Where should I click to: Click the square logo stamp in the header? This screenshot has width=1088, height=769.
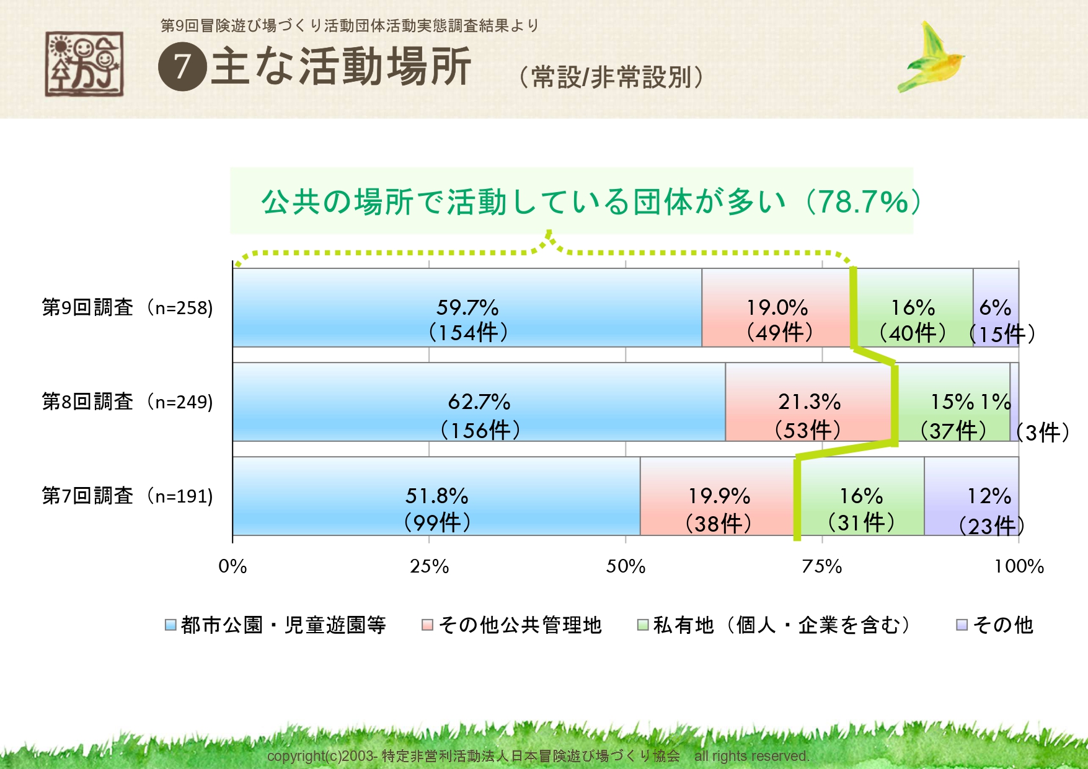84,64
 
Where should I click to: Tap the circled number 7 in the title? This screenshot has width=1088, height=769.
182,67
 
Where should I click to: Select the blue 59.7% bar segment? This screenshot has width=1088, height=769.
467,307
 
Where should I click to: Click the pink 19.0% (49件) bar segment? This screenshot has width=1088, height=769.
776,307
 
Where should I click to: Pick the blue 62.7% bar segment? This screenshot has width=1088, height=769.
479,402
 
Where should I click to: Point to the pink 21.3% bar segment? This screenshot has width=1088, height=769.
808,402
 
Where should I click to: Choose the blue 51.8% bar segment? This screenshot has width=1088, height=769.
436,496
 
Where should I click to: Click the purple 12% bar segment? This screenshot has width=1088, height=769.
971,496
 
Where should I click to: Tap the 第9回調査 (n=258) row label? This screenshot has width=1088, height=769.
127,307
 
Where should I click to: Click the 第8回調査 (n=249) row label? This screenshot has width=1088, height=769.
127,402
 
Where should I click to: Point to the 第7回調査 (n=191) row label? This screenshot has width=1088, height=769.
127,496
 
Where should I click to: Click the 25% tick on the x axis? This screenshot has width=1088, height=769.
429,566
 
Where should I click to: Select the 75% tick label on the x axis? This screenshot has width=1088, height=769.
822,566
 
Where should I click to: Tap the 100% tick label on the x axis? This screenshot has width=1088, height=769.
1019,566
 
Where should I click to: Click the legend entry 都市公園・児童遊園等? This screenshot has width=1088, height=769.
283,625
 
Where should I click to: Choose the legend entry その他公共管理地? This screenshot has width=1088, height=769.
520,625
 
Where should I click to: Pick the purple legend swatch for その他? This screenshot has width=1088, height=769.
962,625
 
